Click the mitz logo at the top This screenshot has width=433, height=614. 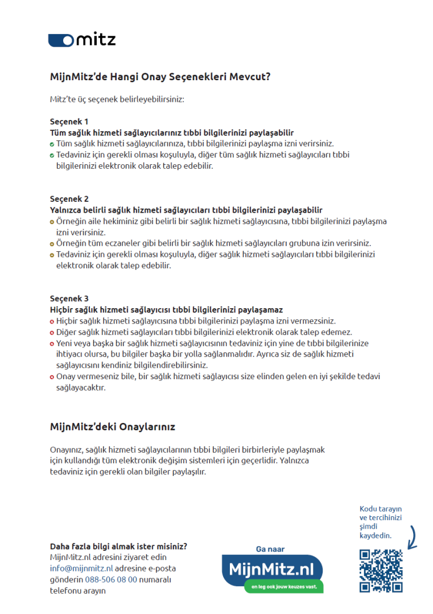[x=82, y=39]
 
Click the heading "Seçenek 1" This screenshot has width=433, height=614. [x=69, y=122]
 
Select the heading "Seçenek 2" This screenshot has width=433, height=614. [x=69, y=199]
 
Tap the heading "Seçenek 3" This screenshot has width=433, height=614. [x=69, y=298]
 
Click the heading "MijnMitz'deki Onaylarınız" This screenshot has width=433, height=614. [x=112, y=426]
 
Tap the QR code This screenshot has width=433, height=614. [x=381, y=570]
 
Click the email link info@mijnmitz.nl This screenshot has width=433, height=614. [x=81, y=568]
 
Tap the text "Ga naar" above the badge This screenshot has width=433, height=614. [x=270, y=549]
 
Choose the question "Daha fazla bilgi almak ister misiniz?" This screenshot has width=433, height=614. [x=118, y=546]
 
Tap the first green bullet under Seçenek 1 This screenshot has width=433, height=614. [x=52, y=144]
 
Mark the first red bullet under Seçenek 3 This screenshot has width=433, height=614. [x=52, y=321]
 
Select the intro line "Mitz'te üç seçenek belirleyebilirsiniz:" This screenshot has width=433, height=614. [x=117, y=99]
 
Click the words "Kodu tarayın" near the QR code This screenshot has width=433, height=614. [x=381, y=509]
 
